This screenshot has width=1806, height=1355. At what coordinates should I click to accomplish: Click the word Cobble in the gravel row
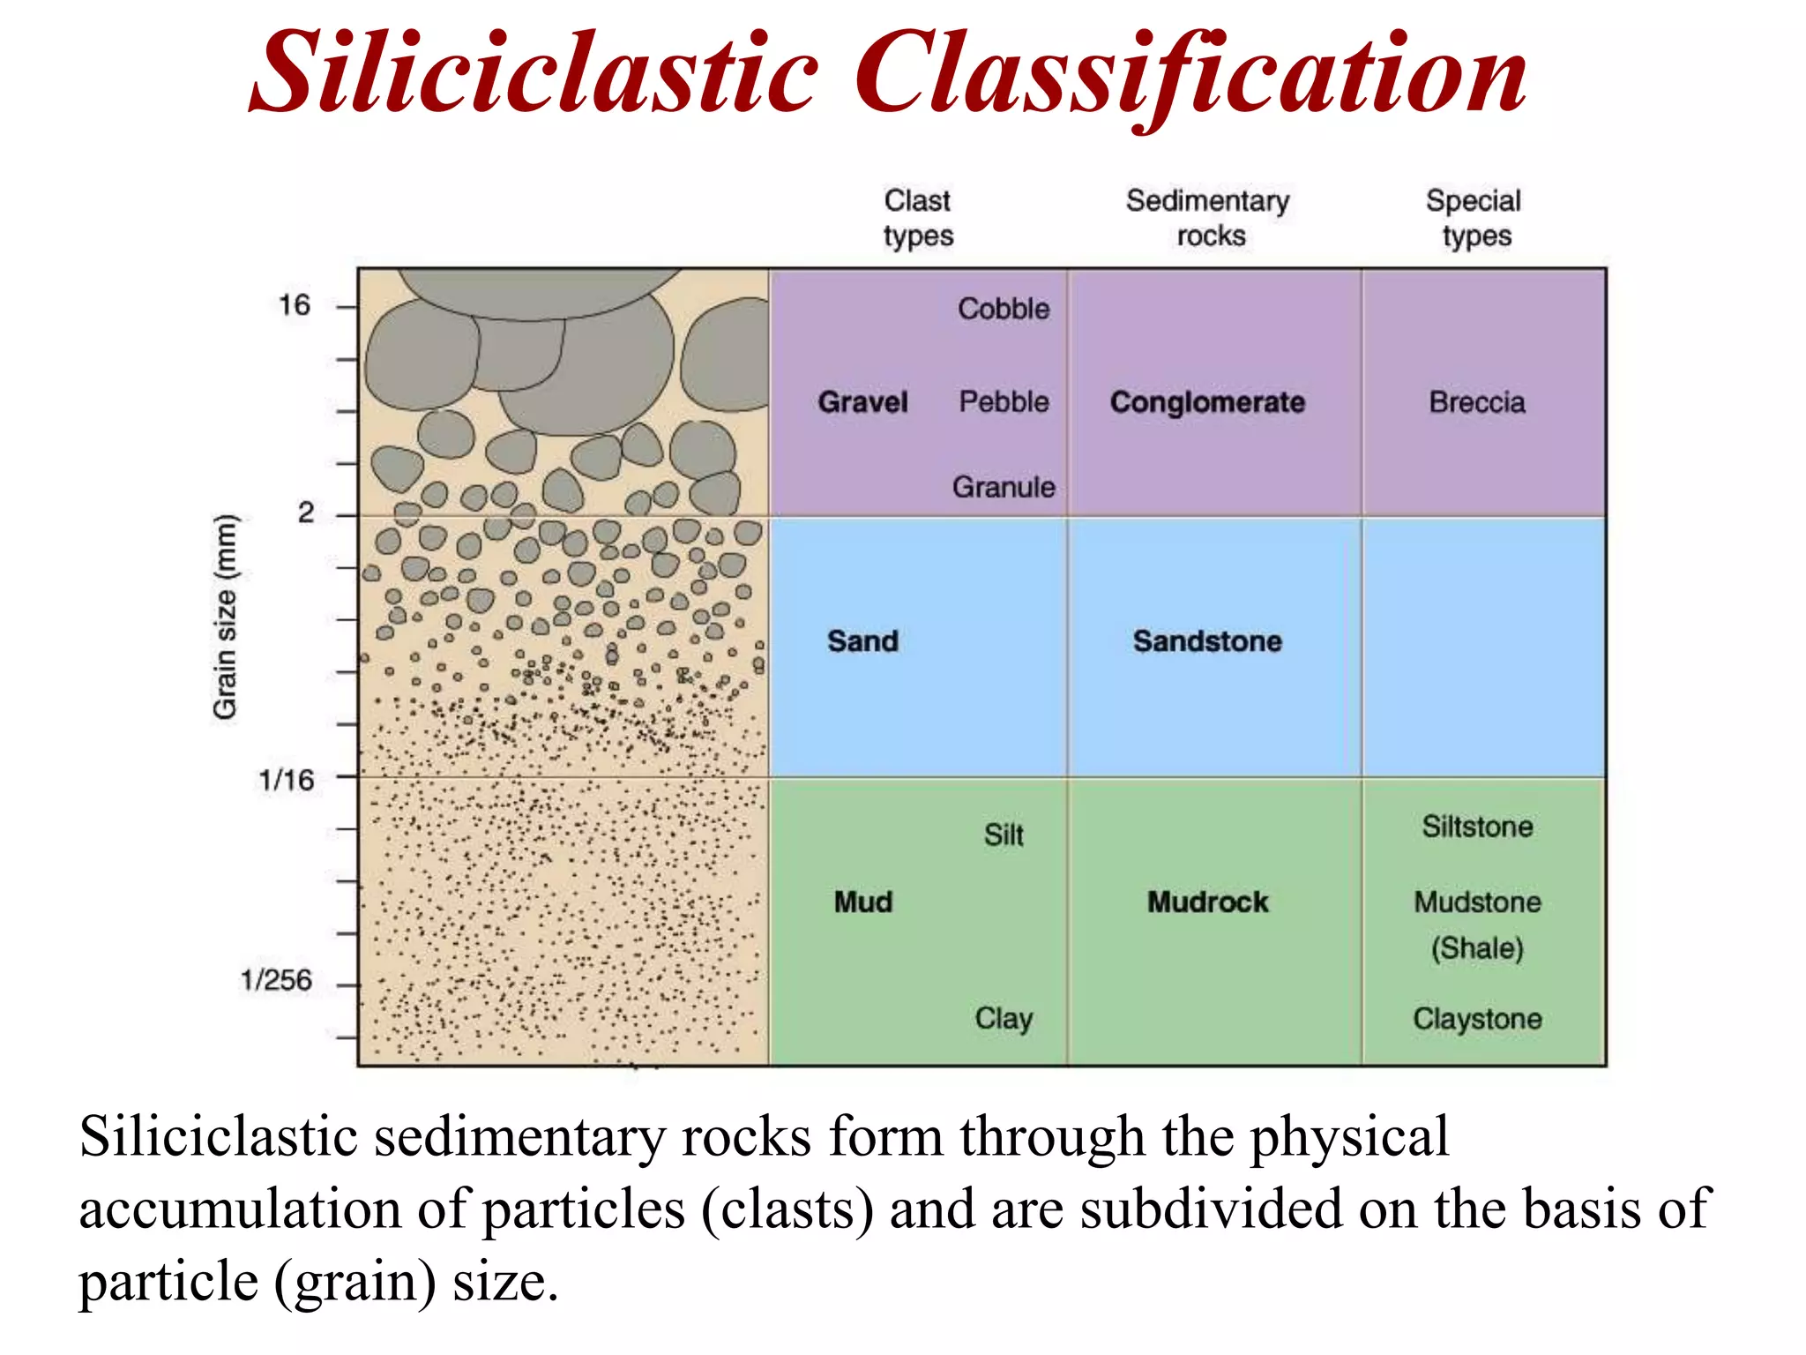(x=1004, y=309)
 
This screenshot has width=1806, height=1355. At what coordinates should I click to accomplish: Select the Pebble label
(x=1004, y=402)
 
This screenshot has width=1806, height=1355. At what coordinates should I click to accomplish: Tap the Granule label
(x=1004, y=487)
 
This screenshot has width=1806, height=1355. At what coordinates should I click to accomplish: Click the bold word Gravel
(x=862, y=402)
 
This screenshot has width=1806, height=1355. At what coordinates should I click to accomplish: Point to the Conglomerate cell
(x=1207, y=402)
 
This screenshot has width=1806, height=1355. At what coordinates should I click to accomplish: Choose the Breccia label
(x=1477, y=402)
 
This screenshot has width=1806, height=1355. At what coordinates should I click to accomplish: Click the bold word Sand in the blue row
(x=862, y=641)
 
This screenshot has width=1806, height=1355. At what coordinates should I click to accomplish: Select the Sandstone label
(x=1207, y=641)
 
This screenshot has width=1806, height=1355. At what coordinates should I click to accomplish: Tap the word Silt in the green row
(x=1004, y=835)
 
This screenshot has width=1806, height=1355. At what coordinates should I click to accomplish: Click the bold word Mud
(x=863, y=902)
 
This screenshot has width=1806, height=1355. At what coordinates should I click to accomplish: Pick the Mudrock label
(x=1207, y=902)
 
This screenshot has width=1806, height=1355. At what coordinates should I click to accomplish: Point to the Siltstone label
(x=1477, y=827)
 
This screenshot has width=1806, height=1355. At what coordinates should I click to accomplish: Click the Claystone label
(x=1477, y=1019)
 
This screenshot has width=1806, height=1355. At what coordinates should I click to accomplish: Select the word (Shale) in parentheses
(x=1477, y=948)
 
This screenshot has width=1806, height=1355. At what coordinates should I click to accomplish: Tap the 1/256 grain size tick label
(x=276, y=980)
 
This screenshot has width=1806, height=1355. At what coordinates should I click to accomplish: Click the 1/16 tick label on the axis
(x=286, y=780)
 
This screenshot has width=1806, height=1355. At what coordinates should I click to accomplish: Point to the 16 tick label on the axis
(x=295, y=305)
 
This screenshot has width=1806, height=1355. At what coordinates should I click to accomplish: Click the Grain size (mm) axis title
(x=226, y=617)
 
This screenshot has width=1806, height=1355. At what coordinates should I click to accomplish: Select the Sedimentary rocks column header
(x=1208, y=218)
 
